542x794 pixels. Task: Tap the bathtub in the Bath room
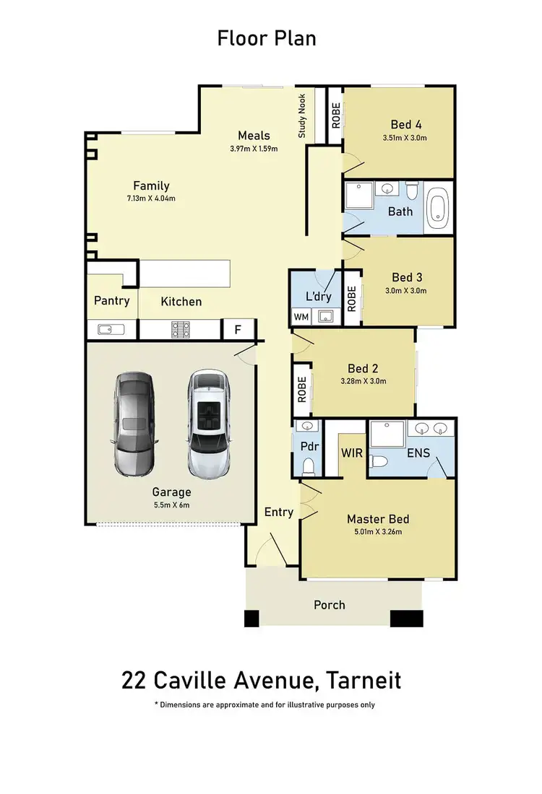[x=438, y=208]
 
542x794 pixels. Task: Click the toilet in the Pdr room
[x=309, y=466]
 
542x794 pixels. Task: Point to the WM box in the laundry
[x=301, y=316]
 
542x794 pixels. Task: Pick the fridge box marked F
[x=238, y=329]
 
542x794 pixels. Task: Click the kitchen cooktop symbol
[x=180, y=329]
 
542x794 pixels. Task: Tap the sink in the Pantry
[x=111, y=329]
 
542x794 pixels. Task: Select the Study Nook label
[x=302, y=115]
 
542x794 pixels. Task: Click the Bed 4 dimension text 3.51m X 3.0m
[x=405, y=138]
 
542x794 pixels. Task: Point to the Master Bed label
[x=378, y=519]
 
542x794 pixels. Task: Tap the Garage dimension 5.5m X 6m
[x=171, y=505]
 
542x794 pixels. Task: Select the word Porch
[x=329, y=605]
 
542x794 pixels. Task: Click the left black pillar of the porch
[x=251, y=619]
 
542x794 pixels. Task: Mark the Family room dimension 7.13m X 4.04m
[x=151, y=198]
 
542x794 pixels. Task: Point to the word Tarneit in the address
[x=364, y=680]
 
